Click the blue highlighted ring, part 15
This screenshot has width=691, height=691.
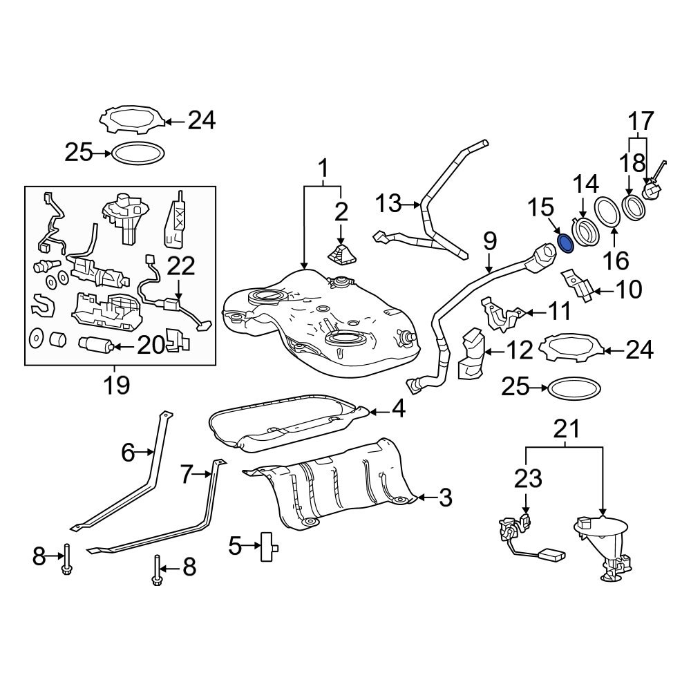[x=565, y=243]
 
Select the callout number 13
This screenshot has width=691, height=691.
[x=389, y=204]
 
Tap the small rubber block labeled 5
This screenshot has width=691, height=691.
[x=267, y=548]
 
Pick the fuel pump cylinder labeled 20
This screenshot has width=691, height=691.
[x=95, y=343]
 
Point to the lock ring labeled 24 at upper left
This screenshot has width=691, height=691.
[x=134, y=119]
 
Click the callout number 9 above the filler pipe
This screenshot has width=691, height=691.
[x=490, y=242]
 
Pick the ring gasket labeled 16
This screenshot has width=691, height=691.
[x=607, y=211]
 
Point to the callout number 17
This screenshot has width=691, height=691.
[x=640, y=122]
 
